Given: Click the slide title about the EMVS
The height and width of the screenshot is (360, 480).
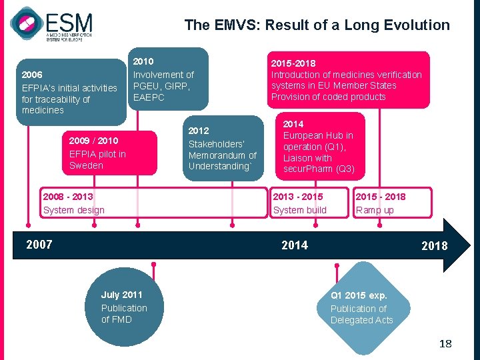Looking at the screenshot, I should tap(317, 25).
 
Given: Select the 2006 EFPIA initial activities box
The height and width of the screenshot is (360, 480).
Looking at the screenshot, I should tap(70, 92).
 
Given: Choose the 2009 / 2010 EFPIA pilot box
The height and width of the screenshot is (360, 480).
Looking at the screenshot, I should tap(107, 153).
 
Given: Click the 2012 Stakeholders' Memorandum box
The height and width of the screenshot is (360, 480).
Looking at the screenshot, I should tap(222, 148).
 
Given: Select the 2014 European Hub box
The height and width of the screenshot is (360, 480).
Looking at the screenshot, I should tap(319, 147).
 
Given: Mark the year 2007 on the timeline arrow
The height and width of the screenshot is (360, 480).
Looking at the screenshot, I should tap(39, 245).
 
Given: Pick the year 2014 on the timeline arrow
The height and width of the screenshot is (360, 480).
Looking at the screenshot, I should tap(295, 245).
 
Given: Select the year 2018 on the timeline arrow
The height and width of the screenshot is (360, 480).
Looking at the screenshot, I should tap(434, 246).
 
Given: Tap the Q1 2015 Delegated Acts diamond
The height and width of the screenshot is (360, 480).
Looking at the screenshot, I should tap(361, 307).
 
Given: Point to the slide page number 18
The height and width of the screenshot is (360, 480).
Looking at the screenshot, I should tap(445, 344).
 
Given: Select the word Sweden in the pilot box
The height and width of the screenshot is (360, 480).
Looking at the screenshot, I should tap(86, 165).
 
